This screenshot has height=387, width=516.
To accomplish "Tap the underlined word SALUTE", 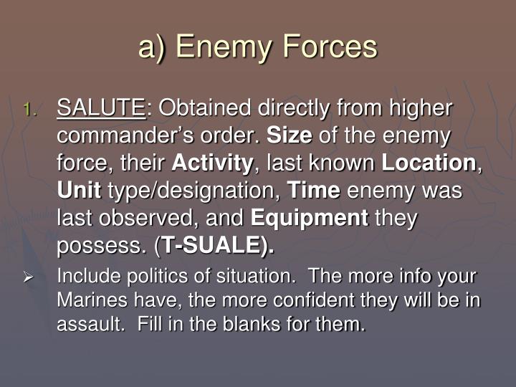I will [x=100, y=108].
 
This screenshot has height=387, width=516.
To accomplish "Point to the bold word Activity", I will [x=213, y=163].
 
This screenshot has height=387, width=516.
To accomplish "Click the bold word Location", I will [x=429, y=163].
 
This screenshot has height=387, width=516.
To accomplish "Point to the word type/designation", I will [x=193, y=191].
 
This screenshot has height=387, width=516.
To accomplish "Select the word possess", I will [x=99, y=247].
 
